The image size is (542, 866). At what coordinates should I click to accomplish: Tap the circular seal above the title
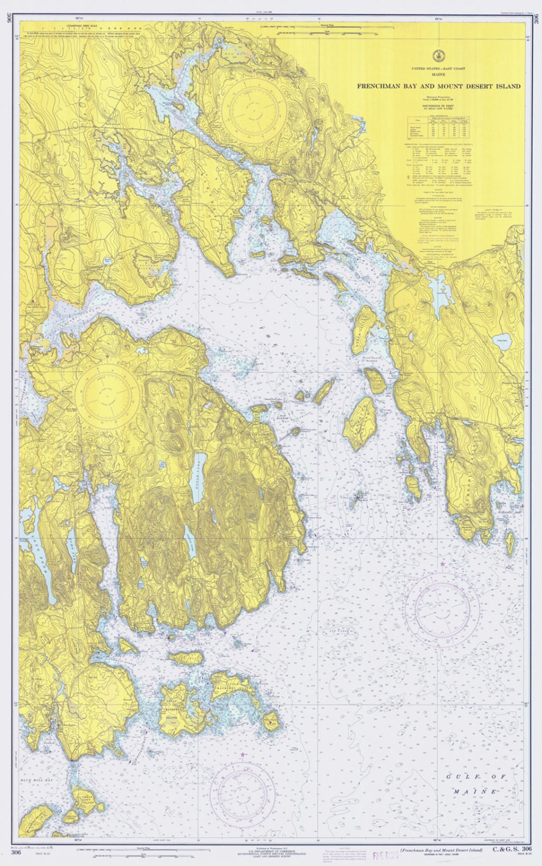[437, 54]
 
